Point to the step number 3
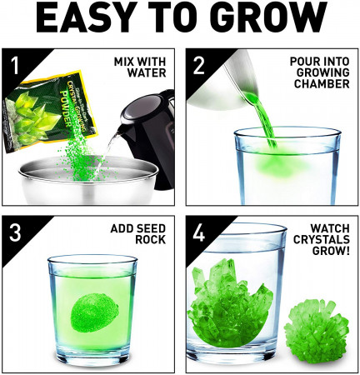click(14, 232)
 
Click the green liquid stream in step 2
click(261, 125)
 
